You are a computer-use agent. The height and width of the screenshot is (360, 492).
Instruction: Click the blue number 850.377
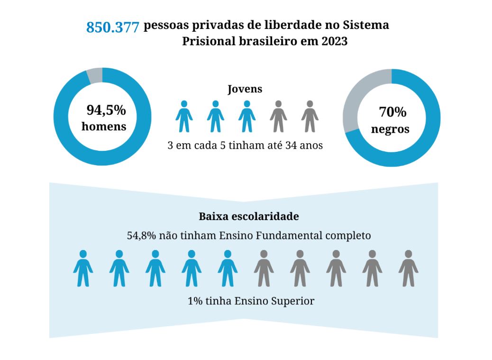tap(113, 28)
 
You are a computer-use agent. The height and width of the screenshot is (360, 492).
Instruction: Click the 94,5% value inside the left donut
tap(106, 111)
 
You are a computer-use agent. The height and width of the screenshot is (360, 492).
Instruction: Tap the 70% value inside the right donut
tap(392, 112)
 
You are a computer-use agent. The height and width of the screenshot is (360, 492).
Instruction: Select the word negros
tap(390, 129)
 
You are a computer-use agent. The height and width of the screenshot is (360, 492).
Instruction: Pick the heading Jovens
tap(245, 89)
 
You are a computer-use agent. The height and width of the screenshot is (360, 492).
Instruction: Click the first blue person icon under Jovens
tap(184, 116)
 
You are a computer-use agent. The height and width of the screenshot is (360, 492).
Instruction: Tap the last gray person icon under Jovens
tap(310, 116)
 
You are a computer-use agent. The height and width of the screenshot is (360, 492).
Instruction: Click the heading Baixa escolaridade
tap(248, 217)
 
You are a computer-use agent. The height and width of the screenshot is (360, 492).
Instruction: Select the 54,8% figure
tap(138, 235)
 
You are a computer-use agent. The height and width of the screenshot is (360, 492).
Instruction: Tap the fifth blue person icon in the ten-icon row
tap(228, 268)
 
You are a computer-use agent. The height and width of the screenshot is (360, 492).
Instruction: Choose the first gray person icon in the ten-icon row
tap(264, 268)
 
